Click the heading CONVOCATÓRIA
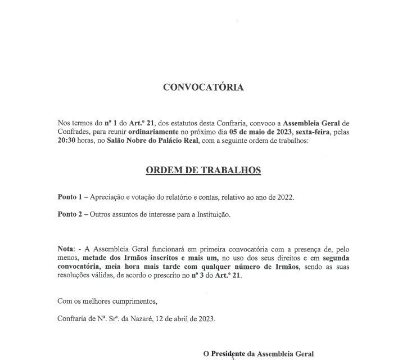click(x=203, y=87)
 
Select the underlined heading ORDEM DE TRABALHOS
click(x=203, y=170)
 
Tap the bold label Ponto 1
click(x=70, y=198)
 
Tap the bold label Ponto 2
click(x=70, y=214)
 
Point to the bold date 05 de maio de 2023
click(x=258, y=133)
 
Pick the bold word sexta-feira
click(x=315, y=133)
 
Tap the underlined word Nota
click(x=66, y=248)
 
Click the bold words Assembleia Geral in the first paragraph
click(x=312, y=123)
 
